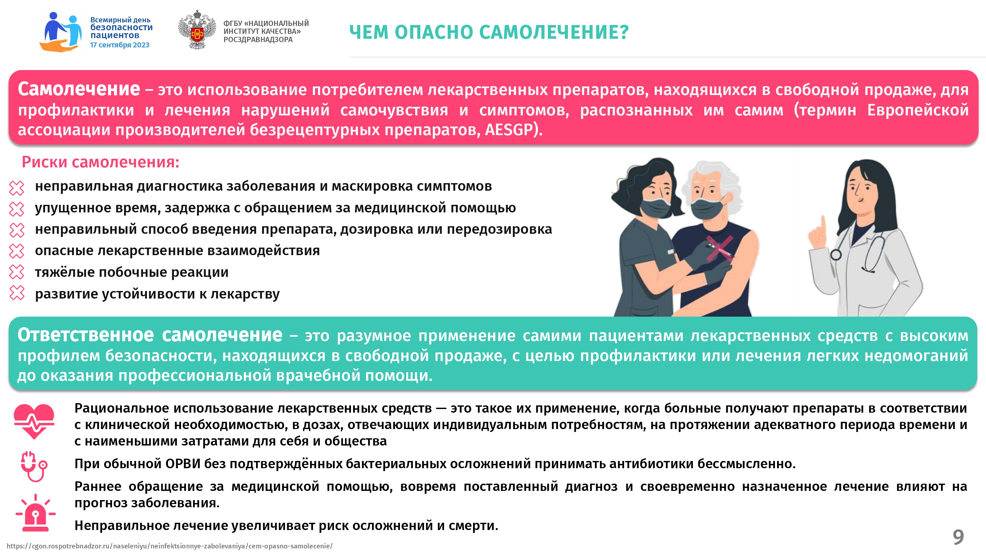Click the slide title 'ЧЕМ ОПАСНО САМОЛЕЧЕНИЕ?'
(x=489, y=32)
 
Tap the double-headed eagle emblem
(x=197, y=30)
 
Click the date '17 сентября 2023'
(x=119, y=45)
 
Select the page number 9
(x=958, y=537)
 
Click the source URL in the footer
(x=170, y=546)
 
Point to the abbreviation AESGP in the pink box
(x=509, y=130)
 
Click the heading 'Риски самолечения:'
(x=100, y=162)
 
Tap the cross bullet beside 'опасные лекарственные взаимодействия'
(x=17, y=251)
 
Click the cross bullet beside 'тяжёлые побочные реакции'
(x=17, y=272)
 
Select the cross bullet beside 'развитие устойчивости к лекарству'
(x=17, y=293)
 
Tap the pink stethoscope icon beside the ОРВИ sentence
(x=34, y=466)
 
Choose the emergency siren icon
(x=35, y=513)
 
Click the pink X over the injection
(x=719, y=249)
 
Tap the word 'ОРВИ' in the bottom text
(x=183, y=464)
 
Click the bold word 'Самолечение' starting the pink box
(x=79, y=89)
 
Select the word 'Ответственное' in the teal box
(x=86, y=335)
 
